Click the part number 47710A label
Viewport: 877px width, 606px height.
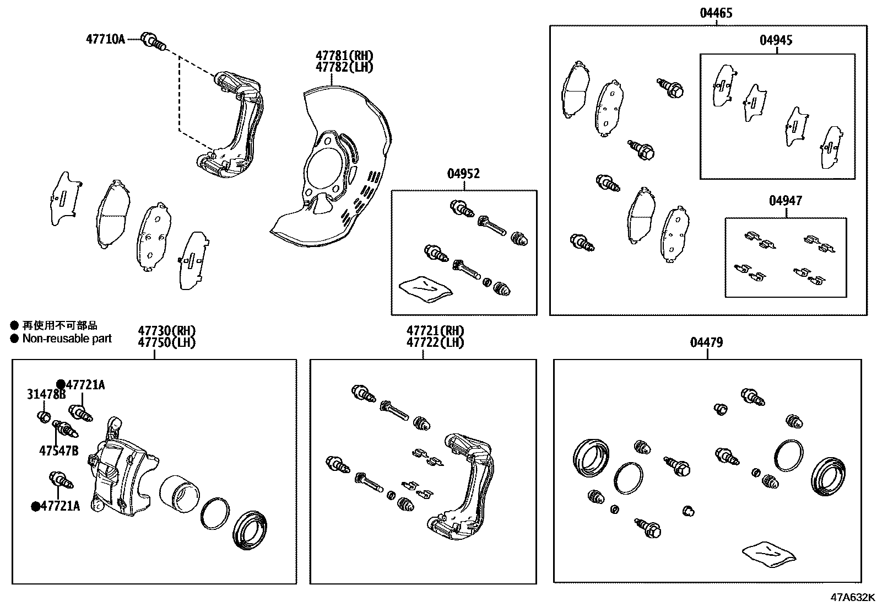(x=105, y=39)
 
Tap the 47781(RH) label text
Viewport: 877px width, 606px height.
(x=344, y=56)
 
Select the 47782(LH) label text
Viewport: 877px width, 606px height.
(x=344, y=67)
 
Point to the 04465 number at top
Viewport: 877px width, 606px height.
(x=716, y=13)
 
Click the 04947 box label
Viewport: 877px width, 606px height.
(x=785, y=201)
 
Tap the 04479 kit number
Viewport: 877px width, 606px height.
(x=706, y=342)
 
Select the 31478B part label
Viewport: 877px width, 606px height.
(x=46, y=394)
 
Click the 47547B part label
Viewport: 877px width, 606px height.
(x=58, y=451)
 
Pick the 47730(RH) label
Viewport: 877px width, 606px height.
(x=166, y=331)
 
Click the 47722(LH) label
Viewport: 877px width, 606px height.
(x=435, y=342)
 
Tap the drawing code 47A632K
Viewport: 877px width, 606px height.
(x=853, y=597)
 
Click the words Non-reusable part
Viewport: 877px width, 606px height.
(x=67, y=339)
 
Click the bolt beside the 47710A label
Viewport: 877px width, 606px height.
(x=153, y=40)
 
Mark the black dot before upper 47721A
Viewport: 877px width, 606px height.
(x=61, y=384)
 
